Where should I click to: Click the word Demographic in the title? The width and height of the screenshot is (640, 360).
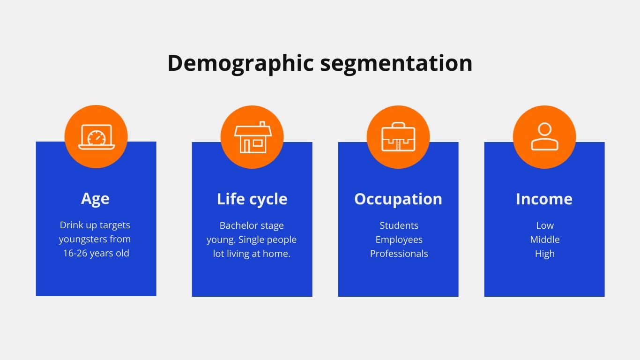240,63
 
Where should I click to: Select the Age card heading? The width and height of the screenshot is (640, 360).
95,199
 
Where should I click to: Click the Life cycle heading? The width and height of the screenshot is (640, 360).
252,199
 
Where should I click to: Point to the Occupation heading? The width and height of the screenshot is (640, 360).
398,199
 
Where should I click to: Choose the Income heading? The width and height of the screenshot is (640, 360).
544,199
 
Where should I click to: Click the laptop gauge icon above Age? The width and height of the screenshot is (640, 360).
96,136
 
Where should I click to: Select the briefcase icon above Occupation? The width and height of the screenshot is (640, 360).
398,137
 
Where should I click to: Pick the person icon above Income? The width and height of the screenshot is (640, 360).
544,137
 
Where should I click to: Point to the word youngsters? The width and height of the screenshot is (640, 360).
82,240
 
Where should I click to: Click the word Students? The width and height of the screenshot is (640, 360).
399,226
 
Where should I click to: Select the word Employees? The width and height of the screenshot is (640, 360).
399,240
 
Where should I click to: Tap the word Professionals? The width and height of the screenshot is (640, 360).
399,254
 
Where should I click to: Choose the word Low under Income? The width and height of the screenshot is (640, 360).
545,226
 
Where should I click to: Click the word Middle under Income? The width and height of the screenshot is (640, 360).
545,240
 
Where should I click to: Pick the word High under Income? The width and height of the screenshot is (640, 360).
545,254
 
